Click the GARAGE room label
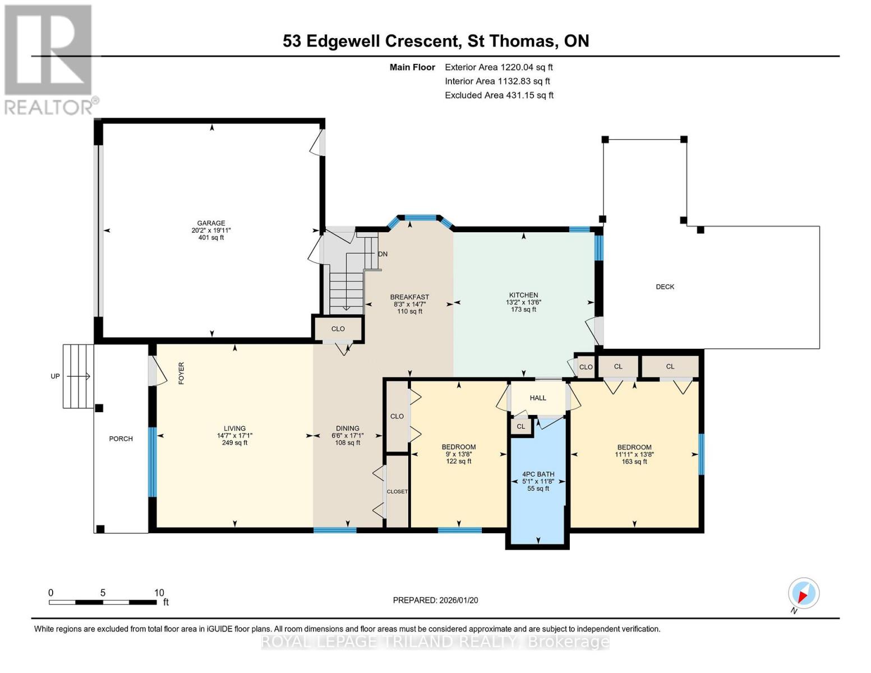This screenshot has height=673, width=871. (x=211, y=223)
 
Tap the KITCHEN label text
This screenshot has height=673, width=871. (x=523, y=295)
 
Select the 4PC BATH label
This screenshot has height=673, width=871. (x=538, y=474)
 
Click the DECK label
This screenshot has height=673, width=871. (x=665, y=287)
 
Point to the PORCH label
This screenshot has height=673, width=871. (x=121, y=439)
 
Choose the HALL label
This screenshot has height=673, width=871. (x=538, y=398)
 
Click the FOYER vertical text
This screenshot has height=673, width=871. (x=181, y=373)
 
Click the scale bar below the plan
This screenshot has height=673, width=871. (x=103, y=602)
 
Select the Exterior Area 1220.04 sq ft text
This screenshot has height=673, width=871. (x=499, y=67)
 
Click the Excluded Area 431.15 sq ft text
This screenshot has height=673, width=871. (x=499, y=95)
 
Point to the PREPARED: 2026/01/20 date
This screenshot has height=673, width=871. (x=435, y=600)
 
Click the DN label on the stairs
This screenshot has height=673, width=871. (x=382, y=254)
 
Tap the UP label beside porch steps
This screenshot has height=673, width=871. (x=55, y=376)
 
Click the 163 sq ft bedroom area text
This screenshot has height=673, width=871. (x=634, y=462)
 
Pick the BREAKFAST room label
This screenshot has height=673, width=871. (x=409, y=297)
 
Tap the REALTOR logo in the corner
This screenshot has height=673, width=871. (x=49, y=59)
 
